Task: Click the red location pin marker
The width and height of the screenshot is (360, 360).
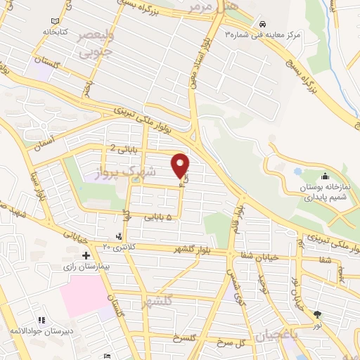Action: pyautogui.click(x=181, y=165)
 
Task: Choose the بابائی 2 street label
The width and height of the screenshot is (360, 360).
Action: pyautogui.click(x=123, y=148)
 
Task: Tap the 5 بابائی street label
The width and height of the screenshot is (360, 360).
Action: pyautogui.click(x=158, y=218)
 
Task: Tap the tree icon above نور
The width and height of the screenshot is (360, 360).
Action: pyautogui.click(x=317, y=314)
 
